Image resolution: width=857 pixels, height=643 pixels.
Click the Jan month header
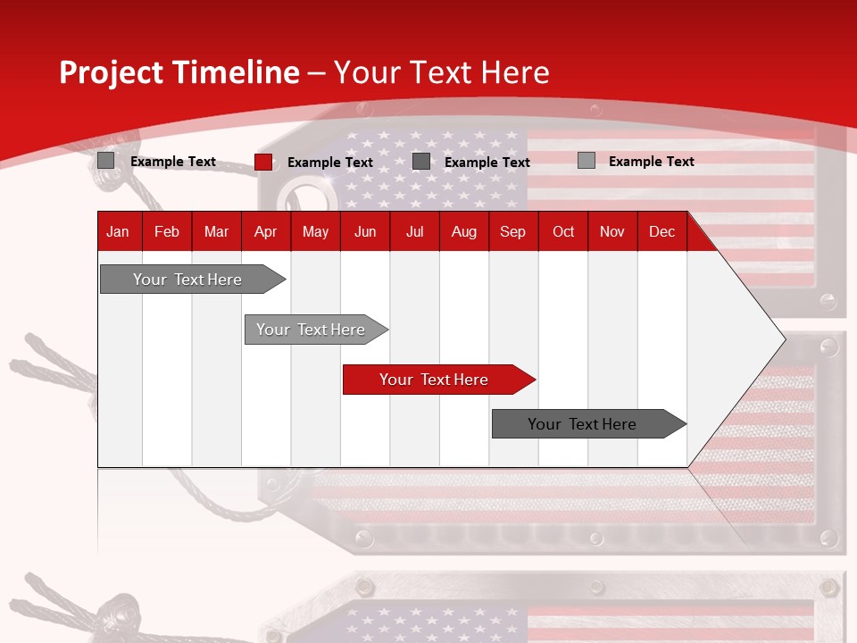click(118, 231)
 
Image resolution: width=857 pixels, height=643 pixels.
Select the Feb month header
click(167, 231)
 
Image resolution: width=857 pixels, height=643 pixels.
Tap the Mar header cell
click(216, 231)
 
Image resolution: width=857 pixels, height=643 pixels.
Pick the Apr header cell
click(265, 231)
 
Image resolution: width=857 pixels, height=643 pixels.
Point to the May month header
click(315, 231)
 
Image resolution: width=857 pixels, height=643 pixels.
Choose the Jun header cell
click(365, 231)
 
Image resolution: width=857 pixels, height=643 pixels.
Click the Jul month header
click(414, 231)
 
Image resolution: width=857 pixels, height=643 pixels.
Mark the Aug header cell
click(463, 231)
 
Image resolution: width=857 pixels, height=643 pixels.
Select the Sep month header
click(512, 231)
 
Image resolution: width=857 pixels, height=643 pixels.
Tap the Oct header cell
click(563, 231)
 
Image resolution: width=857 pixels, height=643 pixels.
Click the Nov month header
click(612, 231)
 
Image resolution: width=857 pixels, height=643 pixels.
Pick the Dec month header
click(661, 231)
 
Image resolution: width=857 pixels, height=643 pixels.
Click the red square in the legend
click(263, 162)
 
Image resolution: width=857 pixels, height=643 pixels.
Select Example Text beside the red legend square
click(329, 163)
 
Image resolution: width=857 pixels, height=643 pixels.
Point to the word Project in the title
click(109, 72)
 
